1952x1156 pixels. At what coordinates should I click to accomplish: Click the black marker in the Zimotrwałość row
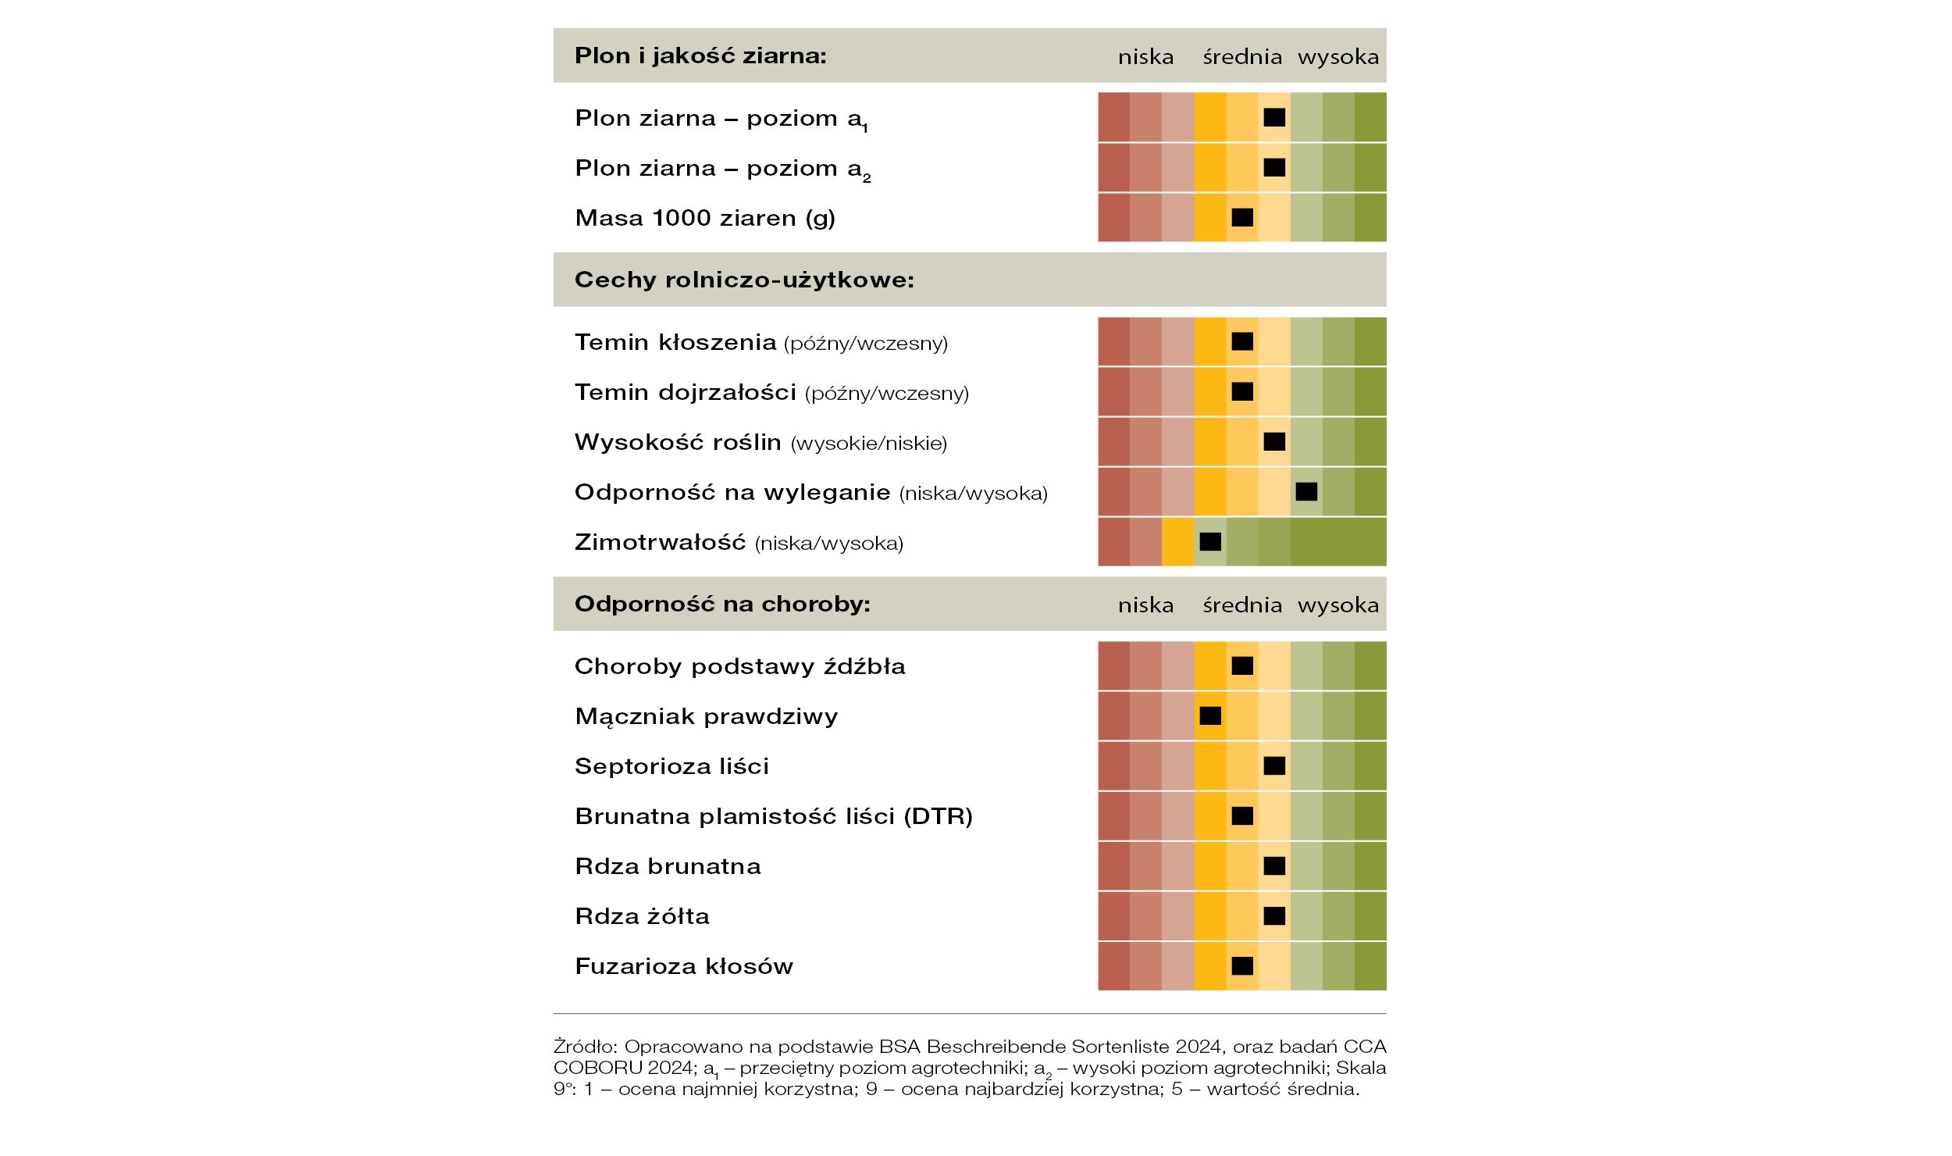click(x=1210, y=541)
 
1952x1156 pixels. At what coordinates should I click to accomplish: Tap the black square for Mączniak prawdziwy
click(x=1210, y=715)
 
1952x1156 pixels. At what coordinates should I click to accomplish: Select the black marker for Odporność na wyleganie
click(x=1306, y=491)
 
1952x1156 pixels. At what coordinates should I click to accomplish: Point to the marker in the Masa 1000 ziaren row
click(x=1242, y=217)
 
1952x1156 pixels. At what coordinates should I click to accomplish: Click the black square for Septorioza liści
click(x=1274, y=765)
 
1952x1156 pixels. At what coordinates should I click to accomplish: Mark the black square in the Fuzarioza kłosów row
click(x=1242, y=965)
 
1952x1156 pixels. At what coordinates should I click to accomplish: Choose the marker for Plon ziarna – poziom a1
click(x=1274, y=117)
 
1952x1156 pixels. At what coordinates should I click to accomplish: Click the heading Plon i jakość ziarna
click(x=700, y=56)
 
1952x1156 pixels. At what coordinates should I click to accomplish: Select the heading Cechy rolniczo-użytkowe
click(x=744, y=280)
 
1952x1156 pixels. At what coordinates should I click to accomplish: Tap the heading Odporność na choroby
click(x=722, y=604)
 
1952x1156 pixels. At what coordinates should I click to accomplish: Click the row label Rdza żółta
click(x=642, y=915)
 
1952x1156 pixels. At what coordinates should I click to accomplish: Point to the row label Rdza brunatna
click(x=668, y=865)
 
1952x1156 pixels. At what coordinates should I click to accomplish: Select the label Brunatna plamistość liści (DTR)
click(x=774, y=816)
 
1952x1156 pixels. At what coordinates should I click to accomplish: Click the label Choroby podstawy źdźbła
click(x=740, y=665)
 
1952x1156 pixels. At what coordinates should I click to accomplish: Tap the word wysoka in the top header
click(x=1338, y=57)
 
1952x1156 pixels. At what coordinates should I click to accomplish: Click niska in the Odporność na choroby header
click(x=1145, y=605)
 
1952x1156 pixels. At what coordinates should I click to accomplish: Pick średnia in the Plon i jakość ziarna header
click(x=1242, y=56)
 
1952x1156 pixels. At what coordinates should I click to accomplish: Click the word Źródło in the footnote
click(x=586, y=1046)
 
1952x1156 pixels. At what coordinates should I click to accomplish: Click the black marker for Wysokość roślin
click(x=1274, y=441)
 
